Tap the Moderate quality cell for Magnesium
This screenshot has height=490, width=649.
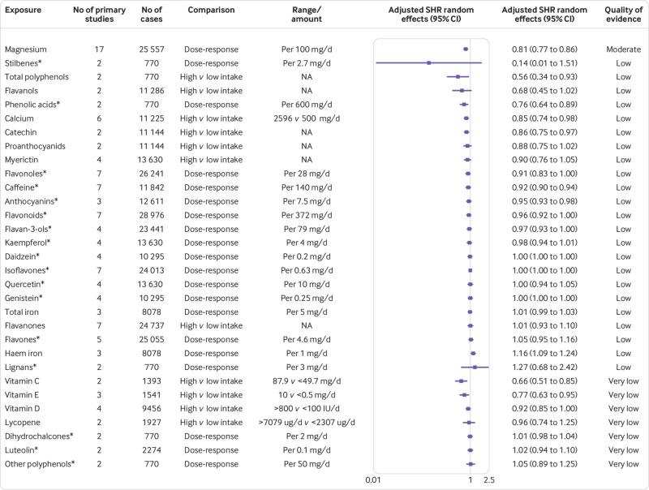622,49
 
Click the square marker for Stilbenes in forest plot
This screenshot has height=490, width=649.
428,63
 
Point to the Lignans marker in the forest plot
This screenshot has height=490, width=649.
475,367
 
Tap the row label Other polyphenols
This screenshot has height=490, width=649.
39,463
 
